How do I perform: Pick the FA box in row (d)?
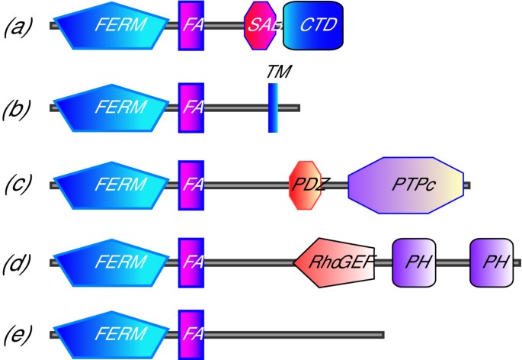[x=191, y=262]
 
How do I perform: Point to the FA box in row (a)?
[x=191, y=25]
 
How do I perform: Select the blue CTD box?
[x=313, y=25]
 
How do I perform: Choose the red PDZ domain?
[x=306, y=185]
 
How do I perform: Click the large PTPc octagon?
[x=405, y=185]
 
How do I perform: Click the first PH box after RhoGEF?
[x=413, y=262]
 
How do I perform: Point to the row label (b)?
[x=18, y=108]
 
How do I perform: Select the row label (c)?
[x=18, y=185]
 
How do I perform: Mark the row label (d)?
[x=18, y=263]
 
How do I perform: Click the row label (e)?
[x=18, y=335]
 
